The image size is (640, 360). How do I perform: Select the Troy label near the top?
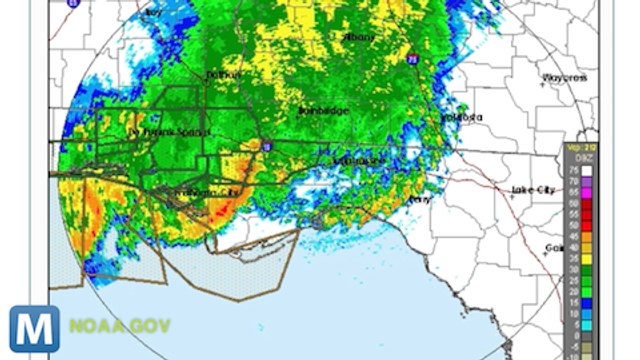152,12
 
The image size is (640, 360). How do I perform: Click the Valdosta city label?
462,117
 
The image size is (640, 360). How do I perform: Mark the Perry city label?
419,199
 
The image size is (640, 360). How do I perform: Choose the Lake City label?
532,189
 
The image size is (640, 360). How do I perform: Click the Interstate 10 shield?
266,147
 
